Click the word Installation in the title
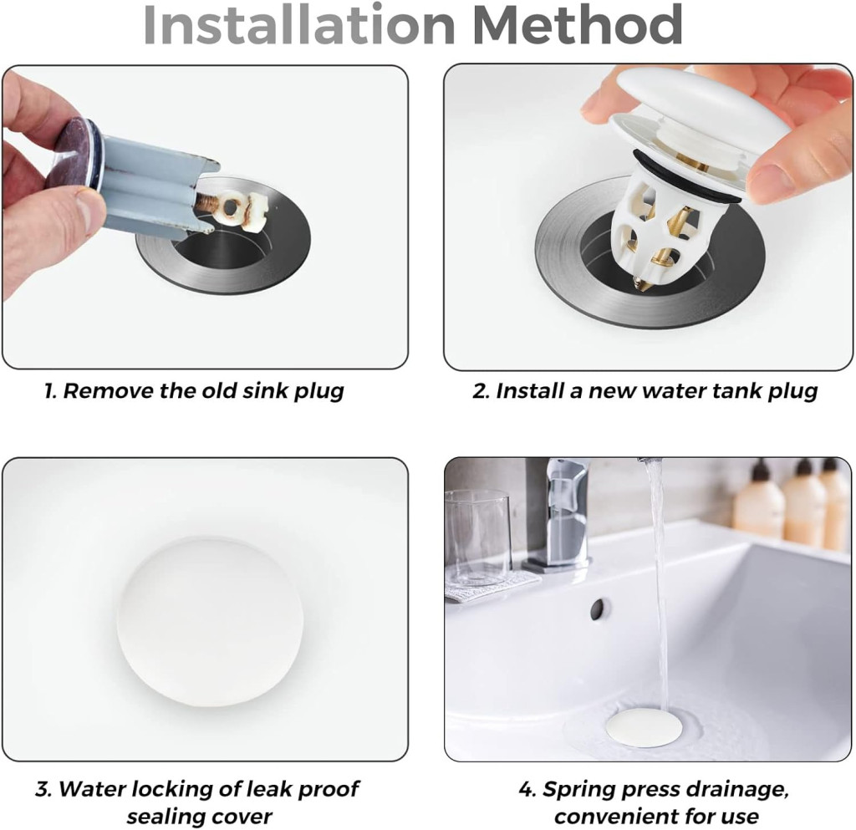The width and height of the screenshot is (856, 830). tap(299, 26)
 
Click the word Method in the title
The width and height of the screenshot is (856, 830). tap(578, 26)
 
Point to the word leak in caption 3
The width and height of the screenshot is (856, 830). tap(265, 789)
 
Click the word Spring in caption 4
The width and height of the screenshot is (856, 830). tap(580, 790)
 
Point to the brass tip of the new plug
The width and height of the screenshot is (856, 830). tap(638, 283)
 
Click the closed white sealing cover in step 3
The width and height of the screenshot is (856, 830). tap(210, 620)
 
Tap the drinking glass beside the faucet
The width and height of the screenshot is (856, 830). tap(477, 537)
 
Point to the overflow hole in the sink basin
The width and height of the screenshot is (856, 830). tap(599, 608)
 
